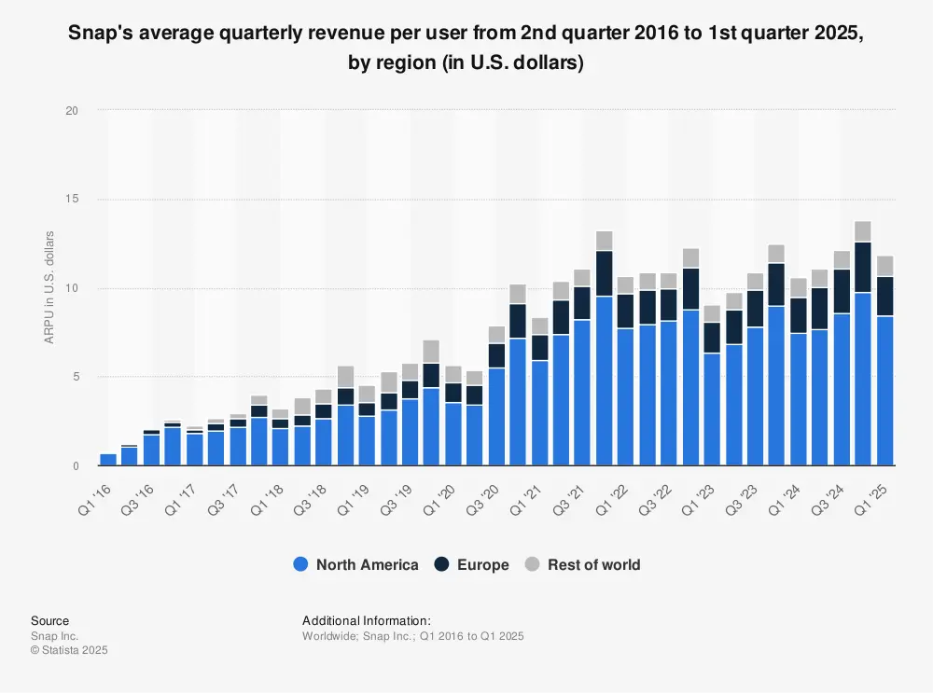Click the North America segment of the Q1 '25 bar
coord(885,391)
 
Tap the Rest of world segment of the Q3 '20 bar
coord(497,335)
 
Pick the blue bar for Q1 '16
coord(108,459)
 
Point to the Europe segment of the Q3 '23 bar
coord(756,309)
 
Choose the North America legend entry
coord(355,564)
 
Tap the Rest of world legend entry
coord(582,564)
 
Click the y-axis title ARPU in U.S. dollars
coord(49,287)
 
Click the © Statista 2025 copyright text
coord(69,650)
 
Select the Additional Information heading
coord(367,620)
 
